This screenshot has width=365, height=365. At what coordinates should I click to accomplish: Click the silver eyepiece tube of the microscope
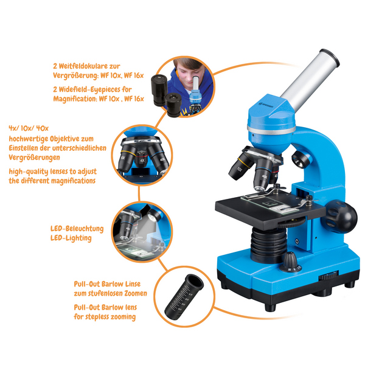[x=310, y=79]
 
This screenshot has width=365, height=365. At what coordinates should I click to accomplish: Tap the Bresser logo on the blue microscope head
[x=266, y=104]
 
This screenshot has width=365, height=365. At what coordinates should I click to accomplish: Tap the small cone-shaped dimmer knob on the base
[x=290, y=262]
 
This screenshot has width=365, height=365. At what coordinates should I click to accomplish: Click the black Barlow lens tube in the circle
[x=184, y=297]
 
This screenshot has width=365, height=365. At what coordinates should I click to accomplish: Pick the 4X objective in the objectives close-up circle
[x=141, y=159]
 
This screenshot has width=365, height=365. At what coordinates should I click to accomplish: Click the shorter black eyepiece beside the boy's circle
[x=173, y=105]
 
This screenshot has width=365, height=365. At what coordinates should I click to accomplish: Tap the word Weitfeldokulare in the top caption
[x=86, y=66]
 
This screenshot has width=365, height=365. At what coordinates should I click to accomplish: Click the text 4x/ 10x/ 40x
[x=29, y=128]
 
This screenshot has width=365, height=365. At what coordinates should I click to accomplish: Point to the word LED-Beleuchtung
[x=77, y=228]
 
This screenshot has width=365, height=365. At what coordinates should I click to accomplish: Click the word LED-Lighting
[x=71, y=238]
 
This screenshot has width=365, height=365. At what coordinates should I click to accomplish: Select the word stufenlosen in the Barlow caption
[x=106, y=293]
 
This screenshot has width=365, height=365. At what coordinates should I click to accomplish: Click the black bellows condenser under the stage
[x=269, y=245]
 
